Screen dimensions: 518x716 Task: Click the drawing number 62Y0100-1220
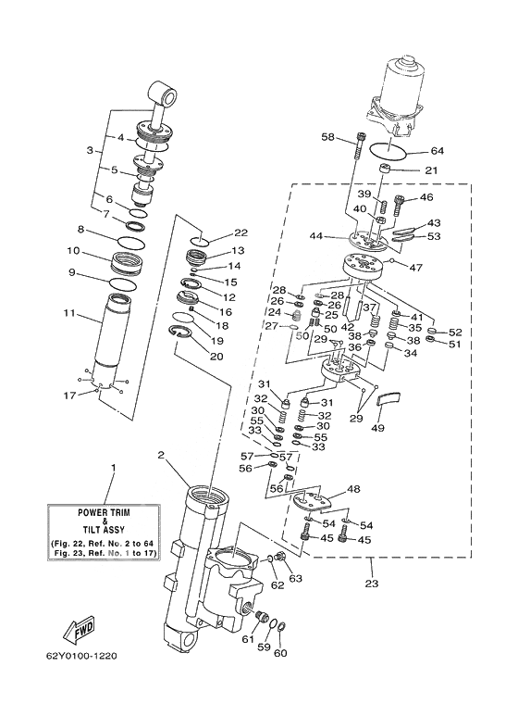click(x=81, y=656)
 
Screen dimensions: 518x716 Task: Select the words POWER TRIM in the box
click(x=104, y=512)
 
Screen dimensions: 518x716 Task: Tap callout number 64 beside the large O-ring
click(x=437, y=151)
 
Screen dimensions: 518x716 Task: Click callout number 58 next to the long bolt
click(x=328, y=136)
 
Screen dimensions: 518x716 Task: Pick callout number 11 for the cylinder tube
click(x=69, y=314)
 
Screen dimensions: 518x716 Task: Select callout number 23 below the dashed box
click(x=372, y=584)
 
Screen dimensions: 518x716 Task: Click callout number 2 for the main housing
click(x=161, y=455)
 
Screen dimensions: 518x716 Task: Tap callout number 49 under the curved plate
click(x=378, y=428)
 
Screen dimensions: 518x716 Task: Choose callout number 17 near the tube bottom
click(x=69, y=395)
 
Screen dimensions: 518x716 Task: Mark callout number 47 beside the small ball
click(x=416, y=267)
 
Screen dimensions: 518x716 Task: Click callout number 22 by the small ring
click(x=240, y=232)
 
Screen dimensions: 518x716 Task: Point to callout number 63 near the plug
click(x=295, y=579)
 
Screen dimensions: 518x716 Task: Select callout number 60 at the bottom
click(x=280, y=653)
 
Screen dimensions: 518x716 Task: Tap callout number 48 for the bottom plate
click(x=353, y=489)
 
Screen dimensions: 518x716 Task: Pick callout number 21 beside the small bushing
click(x=431, y=170)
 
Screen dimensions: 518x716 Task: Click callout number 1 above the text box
click(x=114, y=468)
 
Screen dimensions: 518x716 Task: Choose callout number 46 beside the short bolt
click(x=426, y=197)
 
